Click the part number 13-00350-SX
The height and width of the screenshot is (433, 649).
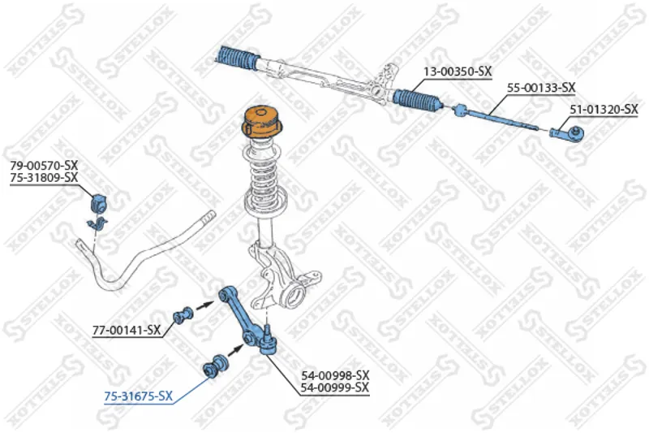click(x=458, y=71)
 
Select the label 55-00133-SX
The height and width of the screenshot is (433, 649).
click(x=541, y=88)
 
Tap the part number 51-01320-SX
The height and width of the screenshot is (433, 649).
click(x=604, y=110)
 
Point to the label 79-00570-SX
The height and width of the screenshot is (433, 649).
click(x=44, y=166)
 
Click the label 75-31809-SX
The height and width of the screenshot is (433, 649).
click(x=44, y=178)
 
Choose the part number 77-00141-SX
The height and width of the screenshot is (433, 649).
click(x=127, y=331)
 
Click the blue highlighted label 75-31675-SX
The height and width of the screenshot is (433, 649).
click(x=138, y=396)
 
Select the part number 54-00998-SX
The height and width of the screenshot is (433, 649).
click(x=335, y=375)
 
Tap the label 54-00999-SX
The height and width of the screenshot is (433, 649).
click(x=335, y=388)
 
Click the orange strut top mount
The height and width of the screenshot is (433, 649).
click(x=261, y=122)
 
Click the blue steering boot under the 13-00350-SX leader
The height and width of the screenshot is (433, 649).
click(x=418, y=100)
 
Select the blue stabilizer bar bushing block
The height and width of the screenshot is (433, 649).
click(x=98, y=203)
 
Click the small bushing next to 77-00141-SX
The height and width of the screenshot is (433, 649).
click(x=183, y=317)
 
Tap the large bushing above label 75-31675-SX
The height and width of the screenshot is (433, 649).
click(x=216, y=366)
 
